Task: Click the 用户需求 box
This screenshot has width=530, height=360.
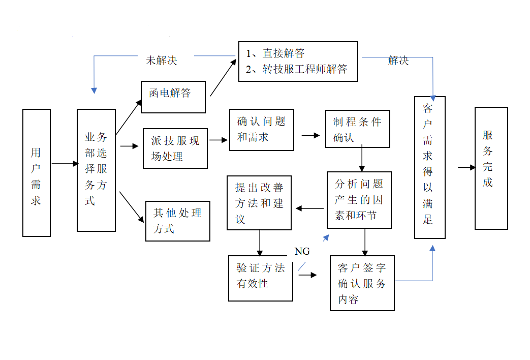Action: tap(37, 173)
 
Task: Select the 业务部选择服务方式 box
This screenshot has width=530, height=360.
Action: tap(96, 170)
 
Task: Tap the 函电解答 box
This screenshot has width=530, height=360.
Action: tap(173, 97)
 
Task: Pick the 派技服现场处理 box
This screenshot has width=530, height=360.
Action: tap(175, 148)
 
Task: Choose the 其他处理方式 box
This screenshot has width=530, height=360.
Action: tap(178, 221)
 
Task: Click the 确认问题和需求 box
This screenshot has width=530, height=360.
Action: tap(261, 130)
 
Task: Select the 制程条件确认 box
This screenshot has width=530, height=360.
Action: tap(358, 129)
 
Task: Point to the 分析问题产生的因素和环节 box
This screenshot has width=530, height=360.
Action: tap(359, 200)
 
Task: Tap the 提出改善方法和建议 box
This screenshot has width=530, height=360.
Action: tap(259, 203)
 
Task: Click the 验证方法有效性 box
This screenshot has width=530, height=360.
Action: tap(261, 278)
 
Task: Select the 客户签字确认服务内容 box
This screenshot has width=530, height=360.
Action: tap(362, 283)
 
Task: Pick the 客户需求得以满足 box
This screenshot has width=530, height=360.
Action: tap(429, 167)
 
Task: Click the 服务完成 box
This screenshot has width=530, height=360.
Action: tap(491, 168)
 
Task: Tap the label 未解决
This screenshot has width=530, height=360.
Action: tap(162, 60)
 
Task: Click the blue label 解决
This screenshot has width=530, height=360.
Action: tap(398, 61)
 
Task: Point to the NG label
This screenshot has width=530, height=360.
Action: tap(302, 251)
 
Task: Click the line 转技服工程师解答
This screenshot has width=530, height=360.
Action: tap(304, 70)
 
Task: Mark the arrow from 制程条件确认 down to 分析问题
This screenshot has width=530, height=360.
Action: tap(362, 159)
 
